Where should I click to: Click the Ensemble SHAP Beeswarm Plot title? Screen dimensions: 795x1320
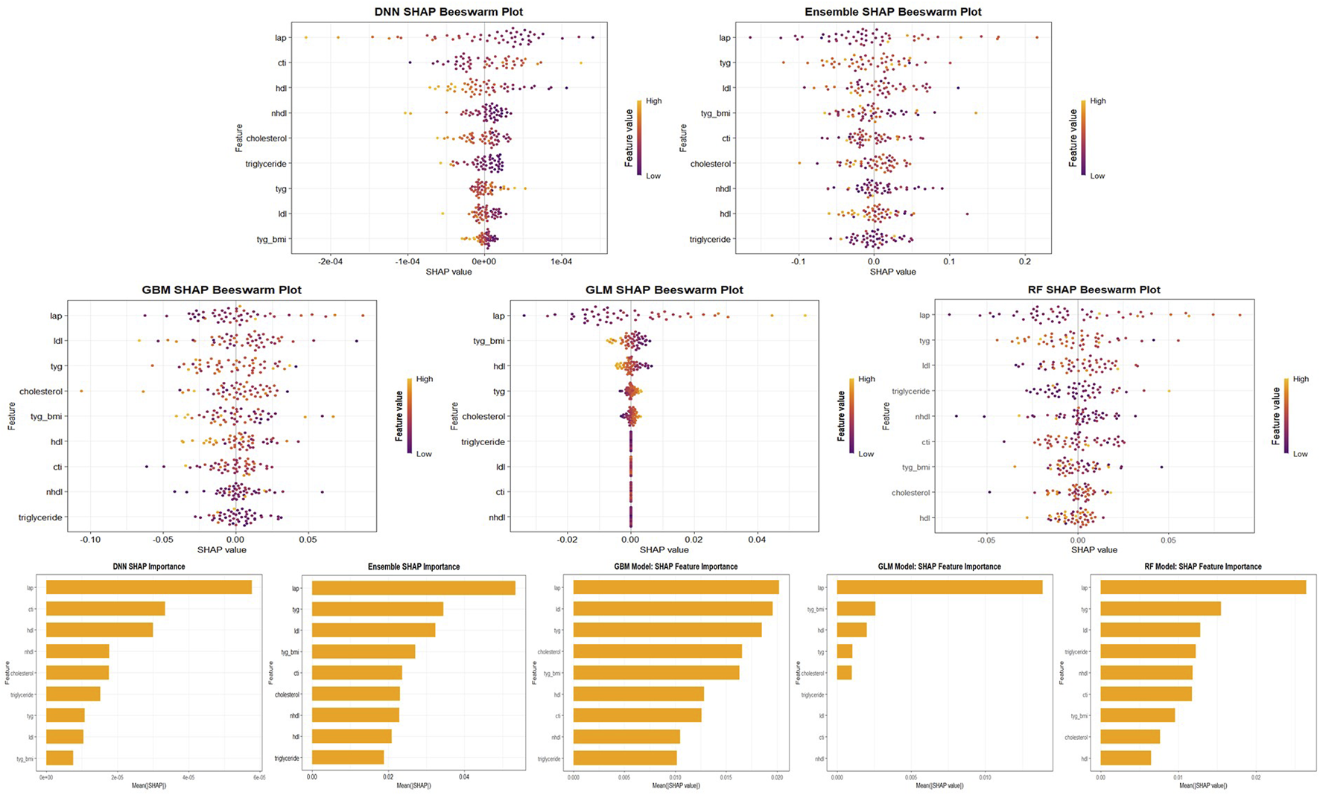pos(892,12)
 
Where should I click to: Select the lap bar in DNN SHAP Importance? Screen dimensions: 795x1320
pos(148,587)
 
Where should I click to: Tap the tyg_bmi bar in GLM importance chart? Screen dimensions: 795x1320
pos(855,609)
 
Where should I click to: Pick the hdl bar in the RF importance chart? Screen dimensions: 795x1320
pos(1125,758)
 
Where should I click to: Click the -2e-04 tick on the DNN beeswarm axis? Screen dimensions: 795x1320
pos(330,262)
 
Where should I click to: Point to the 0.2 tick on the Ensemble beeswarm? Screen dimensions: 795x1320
pos(1025,262)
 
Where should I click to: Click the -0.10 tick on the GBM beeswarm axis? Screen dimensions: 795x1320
pos(90,540)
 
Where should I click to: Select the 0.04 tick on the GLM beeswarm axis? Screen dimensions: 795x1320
pos(757,540)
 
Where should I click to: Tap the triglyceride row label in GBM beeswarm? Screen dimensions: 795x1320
pos(40,517)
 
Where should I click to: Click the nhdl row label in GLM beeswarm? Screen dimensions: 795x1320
pos(496,517)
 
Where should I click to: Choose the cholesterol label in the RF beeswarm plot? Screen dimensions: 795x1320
pos(910,493)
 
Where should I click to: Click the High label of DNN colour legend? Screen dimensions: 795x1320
pos(653,101)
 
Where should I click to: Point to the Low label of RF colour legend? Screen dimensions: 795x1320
pos(1300,454)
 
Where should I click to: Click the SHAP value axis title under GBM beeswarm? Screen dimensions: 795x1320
pos(221,550)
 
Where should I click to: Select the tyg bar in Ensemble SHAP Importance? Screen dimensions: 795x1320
pos(377,609)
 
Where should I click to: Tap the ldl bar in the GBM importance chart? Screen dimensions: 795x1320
pos(672,609)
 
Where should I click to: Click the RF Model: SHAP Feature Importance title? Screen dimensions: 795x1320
pos(1202,566)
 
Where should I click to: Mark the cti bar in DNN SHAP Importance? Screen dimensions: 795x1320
pos(105,609)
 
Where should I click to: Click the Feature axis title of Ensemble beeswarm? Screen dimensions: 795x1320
pos(683,138)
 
